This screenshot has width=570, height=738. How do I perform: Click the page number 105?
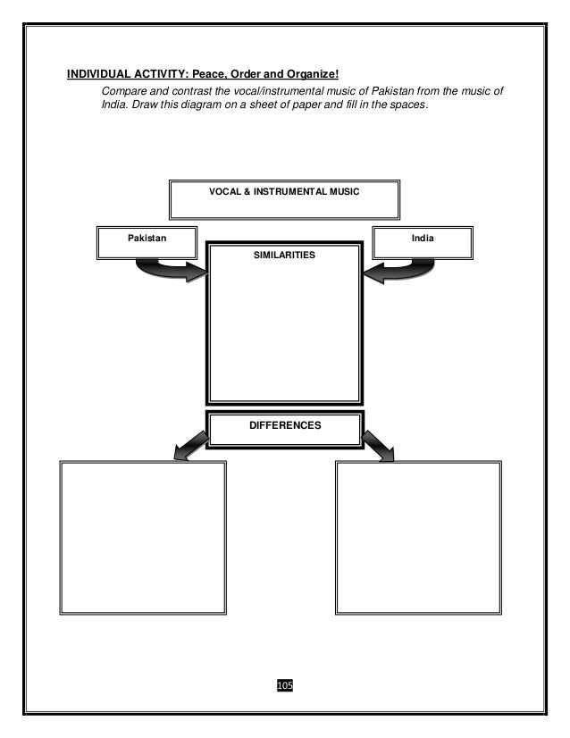(285, 684)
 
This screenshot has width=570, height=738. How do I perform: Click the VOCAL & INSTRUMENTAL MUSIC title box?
(284, 198)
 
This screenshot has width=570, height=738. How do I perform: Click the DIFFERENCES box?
(285, 427)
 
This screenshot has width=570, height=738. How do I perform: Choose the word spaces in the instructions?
(409, 107)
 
